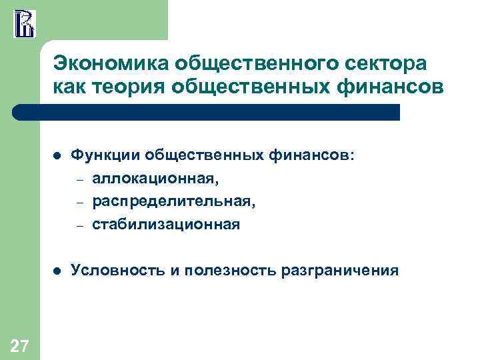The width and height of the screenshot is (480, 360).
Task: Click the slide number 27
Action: (x=19, y=345)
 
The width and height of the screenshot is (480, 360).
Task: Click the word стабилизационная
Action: (x=165, y=223)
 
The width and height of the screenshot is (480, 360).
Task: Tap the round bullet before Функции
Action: (x=57, y=155)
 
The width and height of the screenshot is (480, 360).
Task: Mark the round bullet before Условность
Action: (x=57, y=271)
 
